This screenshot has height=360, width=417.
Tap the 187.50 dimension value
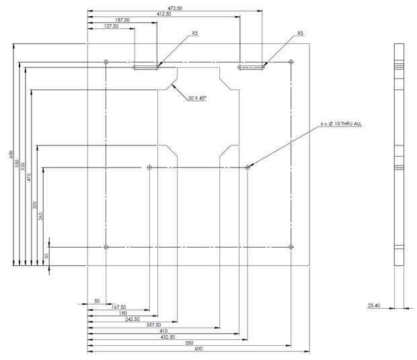(122, 20)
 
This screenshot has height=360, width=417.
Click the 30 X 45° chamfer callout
(197, 98)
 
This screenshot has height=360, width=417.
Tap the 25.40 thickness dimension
(374, 305)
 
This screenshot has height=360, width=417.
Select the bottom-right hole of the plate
(290, 247)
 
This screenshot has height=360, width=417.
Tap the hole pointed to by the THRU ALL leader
(248, 167)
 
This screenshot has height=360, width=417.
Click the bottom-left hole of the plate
(106, 247)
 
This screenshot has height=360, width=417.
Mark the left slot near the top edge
(145, 67)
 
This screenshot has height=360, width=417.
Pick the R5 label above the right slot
(300, 32)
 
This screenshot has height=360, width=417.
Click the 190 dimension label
(123, 313)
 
